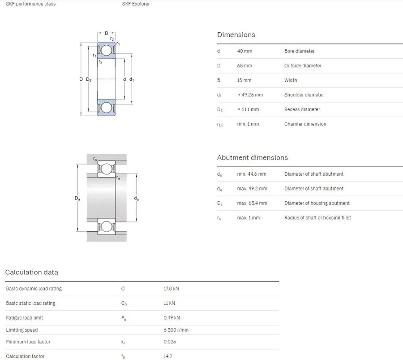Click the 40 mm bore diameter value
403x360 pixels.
[244, 51]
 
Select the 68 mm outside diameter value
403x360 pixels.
[244, 65]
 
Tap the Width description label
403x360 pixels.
[291, 80]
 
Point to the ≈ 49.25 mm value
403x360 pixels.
[250, 95]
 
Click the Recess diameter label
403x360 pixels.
[302, 109]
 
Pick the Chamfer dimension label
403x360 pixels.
[305, 124]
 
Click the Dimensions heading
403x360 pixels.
[236, 35]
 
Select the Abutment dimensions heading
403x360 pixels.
[253, 157]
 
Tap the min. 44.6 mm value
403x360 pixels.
[252, 174]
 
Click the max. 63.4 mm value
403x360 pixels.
[252, 203]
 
